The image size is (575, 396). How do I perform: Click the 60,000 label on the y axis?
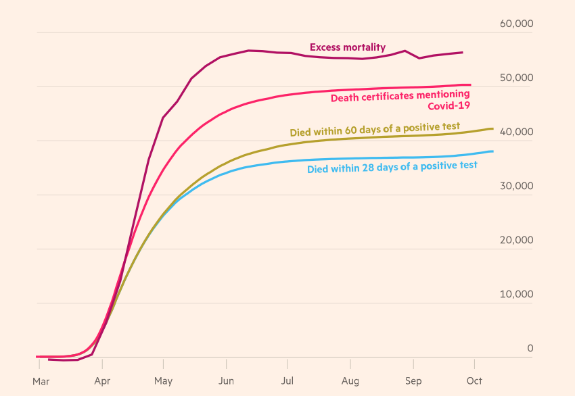click(x=516, y=24)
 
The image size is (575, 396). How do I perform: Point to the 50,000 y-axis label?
click(x=516, y=78)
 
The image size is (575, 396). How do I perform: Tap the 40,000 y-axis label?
click(x=516, y=132)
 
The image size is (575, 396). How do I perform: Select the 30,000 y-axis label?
click(x=516, y=186)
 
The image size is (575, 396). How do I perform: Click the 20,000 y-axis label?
click(x=516, y=240)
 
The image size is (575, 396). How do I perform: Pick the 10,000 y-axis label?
click(x=516, y=294)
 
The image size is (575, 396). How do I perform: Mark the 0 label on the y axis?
click(x=530, y=348)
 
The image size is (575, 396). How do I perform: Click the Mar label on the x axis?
click(x=41, y=381)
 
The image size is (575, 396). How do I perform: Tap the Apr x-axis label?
click(x=102, y=381)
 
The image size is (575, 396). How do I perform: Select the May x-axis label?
click(x=163, y=381)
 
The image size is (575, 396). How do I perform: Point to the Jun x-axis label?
click(x=226, y=381)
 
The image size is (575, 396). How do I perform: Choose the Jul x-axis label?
click(x=287, y=381)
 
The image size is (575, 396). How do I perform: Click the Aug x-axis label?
click(x=350, y=381)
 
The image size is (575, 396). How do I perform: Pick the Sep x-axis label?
click(x=413, y=381)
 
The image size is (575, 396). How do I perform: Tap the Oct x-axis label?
click(x=474, y=381)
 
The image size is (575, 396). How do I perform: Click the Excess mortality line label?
click(x=348, y=47)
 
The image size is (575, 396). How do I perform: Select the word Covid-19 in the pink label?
click(x=448, y=105)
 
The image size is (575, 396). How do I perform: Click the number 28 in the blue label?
click(x=388, y=166)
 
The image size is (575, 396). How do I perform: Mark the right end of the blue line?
click(x=492, y=151)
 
